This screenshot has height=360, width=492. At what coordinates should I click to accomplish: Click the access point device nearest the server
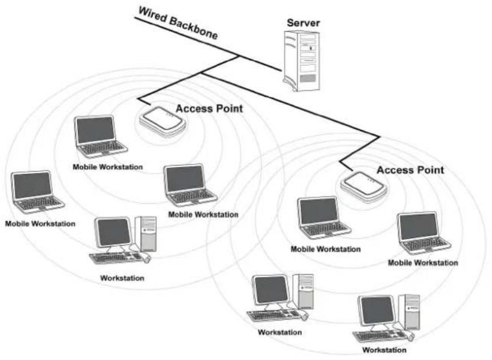(x=163, y=121)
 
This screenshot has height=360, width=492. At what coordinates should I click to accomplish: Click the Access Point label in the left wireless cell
(x=210, y=108)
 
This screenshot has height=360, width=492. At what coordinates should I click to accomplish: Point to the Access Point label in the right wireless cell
(x=410, y=170)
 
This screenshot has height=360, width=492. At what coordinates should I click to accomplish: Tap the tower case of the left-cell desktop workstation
(x=147, y=233)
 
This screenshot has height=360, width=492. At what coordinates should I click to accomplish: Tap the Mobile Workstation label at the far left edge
(x=40, y=223)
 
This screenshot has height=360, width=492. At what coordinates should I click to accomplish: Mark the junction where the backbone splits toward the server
(x=238, y=56)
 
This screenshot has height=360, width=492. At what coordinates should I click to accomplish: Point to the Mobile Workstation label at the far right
(x=423, y=263)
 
